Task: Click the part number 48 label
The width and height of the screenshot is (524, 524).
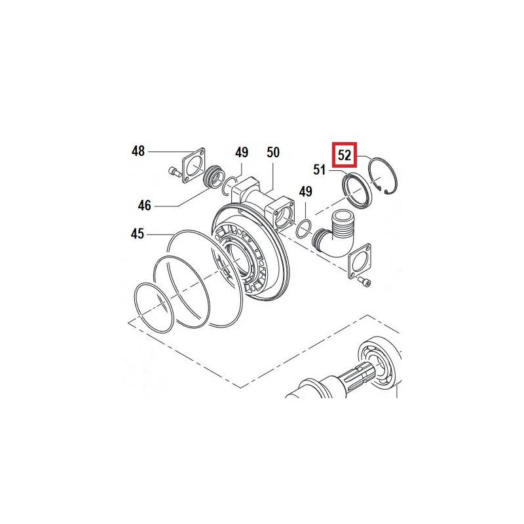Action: coord(138,151)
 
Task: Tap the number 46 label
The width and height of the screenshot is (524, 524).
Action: coord(144,205)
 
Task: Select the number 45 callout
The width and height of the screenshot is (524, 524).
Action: coord(138,234)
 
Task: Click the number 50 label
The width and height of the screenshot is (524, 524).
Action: coord(273,153)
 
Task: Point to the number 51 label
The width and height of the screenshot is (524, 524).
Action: coord(319,170)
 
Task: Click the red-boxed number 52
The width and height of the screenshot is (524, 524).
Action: coord(345,155)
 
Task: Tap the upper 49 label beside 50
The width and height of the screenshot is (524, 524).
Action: coord(242,153)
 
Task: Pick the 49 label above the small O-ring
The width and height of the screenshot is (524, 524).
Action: coord(305,192)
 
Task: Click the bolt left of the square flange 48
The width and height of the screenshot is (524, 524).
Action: coord(174,172)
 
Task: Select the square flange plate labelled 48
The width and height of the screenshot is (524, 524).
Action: coord(193,165)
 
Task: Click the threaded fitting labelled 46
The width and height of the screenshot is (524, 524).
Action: coord(212,179)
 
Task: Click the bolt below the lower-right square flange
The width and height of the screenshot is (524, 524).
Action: coord(364,282)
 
